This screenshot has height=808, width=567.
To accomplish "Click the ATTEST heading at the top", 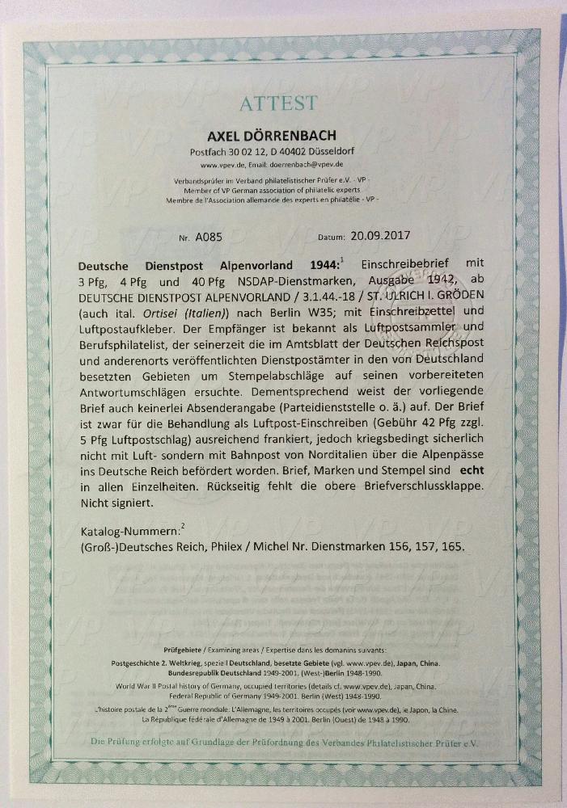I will click(x=277, y=103).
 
